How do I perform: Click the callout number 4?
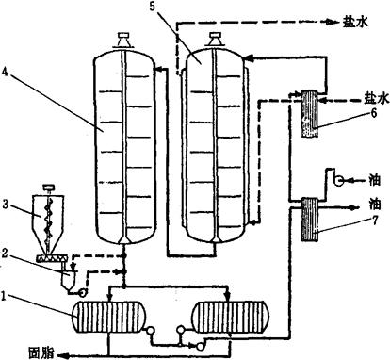click(4, 72)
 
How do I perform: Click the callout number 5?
click(152, 7)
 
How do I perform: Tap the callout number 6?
click(373, 113)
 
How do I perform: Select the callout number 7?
click(375, 221)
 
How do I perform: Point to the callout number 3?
click(5, 204)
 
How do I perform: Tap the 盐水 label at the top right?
click(355, 22)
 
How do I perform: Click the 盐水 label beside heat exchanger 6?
click(376, 98)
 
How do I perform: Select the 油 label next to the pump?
click(375, 180)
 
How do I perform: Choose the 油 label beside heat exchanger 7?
click(375, 204)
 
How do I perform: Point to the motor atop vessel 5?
click(216, 41)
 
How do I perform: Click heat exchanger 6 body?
click(310, 113)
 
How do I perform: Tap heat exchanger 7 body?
click(310, 220)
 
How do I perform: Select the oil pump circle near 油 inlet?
click(338, 180)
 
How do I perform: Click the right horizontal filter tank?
click(231, 316)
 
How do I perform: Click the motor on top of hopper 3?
click(49, 188)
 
